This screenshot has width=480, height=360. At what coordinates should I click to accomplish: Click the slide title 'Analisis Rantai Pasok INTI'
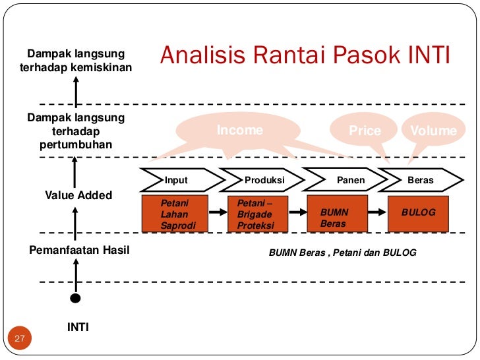pyautogui.click(x=305, y=56)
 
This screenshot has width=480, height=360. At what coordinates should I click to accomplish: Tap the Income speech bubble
pyautogui.click(x=240, y=130)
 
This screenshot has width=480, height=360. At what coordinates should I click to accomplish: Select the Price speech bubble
pyautogui.click(x=365, y=131)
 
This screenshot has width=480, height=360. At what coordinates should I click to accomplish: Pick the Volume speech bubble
pyautogui.click(x=433, y=131)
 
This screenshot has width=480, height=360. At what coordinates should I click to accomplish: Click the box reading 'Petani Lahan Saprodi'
pyautogui.click(x=175, y=214)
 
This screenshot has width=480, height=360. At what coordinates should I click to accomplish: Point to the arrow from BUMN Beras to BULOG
pyautogui.click(x=376, y=212)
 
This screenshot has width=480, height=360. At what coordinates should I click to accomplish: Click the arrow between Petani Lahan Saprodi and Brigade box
pyautogui.click(x=218, y=212)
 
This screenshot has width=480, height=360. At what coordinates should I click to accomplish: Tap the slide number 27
pyautogui.click(x=19, y=338)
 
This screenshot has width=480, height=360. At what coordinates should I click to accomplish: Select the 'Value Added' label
pyautogui.click(x=78, y=195)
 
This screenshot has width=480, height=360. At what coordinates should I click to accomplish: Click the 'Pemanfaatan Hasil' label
pyautogui.click(x=79, y=251)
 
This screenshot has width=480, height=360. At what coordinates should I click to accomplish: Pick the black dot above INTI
pyautogui.click(x=76, y=298)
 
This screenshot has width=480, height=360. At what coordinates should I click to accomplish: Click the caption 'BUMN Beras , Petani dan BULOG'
pyautogui.click(x=343, y=252)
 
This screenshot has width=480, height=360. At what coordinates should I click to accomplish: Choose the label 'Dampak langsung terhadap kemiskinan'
pyautogui.click(x=78, y=60)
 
